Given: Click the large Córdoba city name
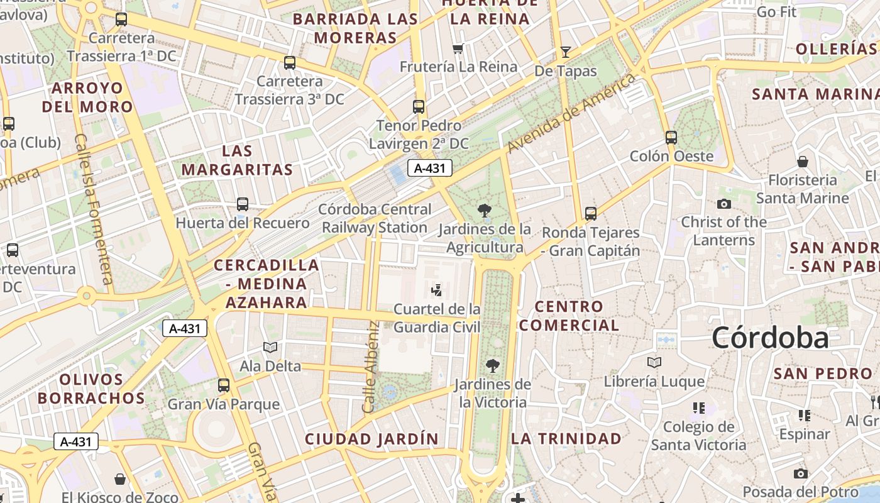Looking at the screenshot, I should [x=771, y=338].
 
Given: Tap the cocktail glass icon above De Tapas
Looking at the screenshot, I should [x=566, y=52].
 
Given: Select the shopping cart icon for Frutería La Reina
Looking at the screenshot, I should [x=458, y=48].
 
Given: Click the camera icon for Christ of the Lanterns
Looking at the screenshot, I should [x=724, y=204].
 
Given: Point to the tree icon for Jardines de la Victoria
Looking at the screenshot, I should [x=493, y=365].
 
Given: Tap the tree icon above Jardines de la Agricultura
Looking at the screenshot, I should [x=484, y=210].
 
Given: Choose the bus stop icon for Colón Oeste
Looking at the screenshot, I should [x=671, y=137].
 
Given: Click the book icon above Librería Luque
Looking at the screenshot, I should [x=654, y=362].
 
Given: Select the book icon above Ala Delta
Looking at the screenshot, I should [x=270, y=347].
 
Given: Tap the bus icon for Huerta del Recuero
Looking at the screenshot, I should [x=243, y=204].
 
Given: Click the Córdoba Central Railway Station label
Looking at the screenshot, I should [x=375, y=218].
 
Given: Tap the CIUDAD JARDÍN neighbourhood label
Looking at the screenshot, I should [x=371, y=439].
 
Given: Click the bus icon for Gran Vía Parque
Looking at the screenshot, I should [x=224, y=385].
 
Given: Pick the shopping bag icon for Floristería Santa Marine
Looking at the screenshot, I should [x=803, y=162].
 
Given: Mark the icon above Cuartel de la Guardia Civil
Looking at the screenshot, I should [x=437, y=290].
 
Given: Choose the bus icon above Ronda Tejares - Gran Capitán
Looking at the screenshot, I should [x=591, y=213].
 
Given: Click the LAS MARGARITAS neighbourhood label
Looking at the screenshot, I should [x=238, y=160].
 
